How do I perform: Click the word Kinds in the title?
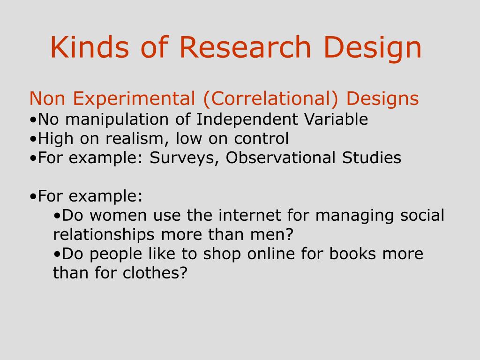[90, 47]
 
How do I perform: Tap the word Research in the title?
[245, 47]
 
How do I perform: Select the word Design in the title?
[373, 49]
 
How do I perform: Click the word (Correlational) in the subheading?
[270, 98]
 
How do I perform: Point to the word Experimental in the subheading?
[134, 98]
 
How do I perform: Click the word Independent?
[247, 120]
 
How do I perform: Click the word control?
[261, 138]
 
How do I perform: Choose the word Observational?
[280, 157]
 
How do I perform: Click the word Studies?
[371, 157]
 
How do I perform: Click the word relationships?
[104, 235]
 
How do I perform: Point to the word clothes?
[155, 273]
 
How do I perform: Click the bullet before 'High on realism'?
[33, 139]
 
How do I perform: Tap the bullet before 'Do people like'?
[57, 254]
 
